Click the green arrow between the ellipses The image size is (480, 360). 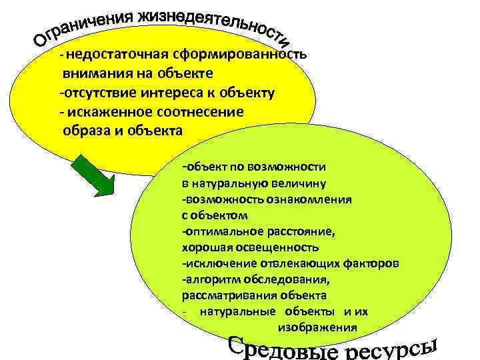93,175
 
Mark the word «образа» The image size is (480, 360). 83,130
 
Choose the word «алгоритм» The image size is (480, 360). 211,279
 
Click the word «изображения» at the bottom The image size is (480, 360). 317,327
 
